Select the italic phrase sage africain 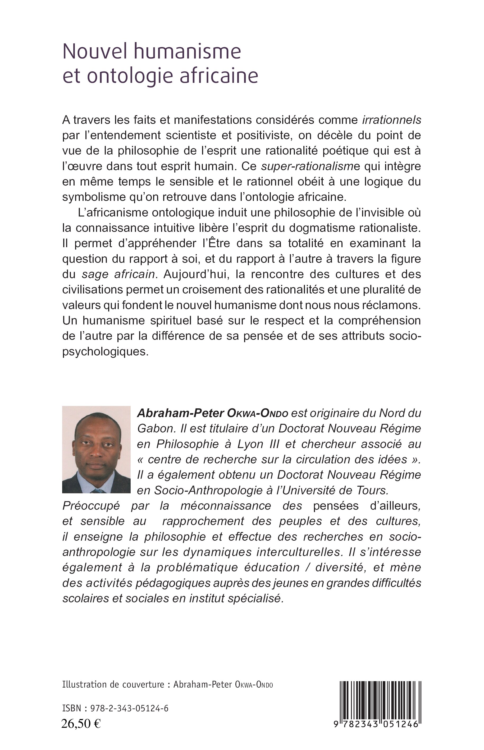118,274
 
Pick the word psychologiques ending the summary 105,351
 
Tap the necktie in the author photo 97,491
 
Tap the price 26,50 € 81,724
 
